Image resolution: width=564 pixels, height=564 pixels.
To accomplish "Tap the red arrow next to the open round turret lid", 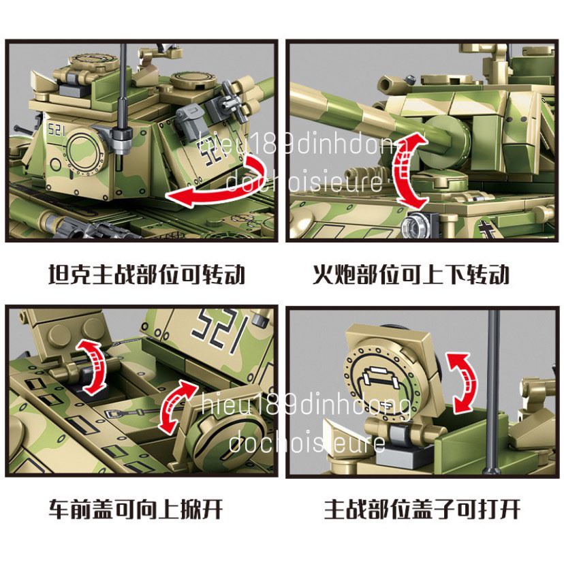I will click(x=461, y=382).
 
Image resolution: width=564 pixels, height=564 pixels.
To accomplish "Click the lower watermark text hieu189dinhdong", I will click(x=307, y=407).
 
